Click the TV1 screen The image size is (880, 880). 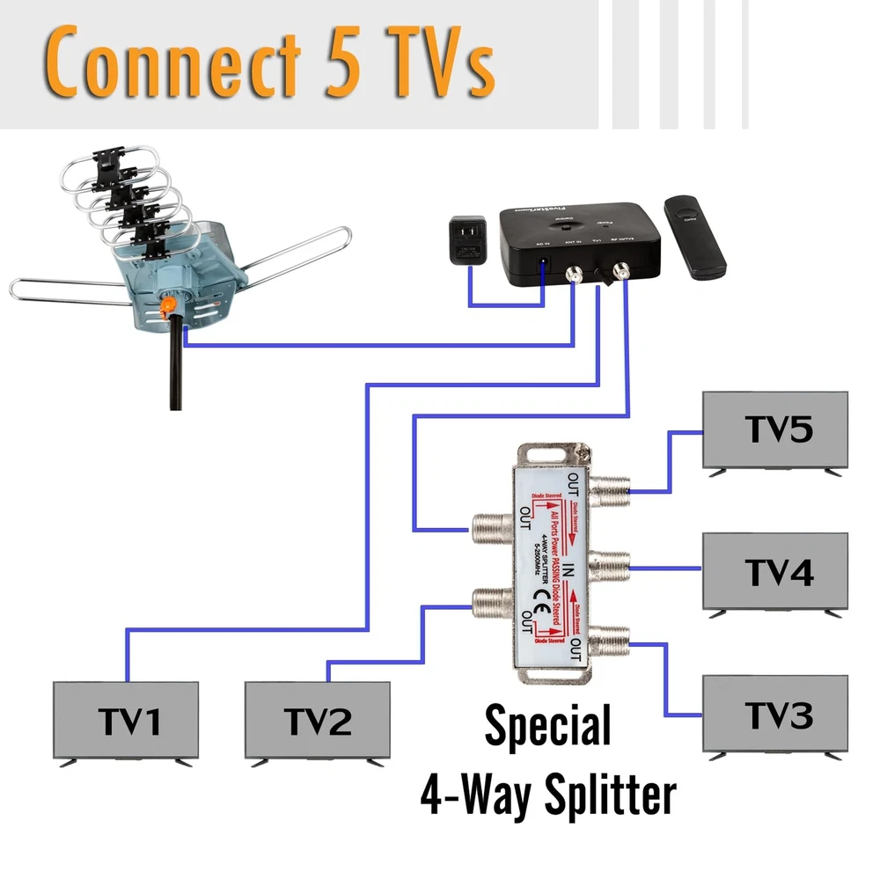[x=126, y=719]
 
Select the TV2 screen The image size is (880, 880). [x=317, y=719]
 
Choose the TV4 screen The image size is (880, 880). [x=775, y=570]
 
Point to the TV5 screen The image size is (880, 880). [x=775, y=429]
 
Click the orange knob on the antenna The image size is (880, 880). [x=165, y=304]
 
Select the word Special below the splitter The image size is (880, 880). [x=547, y=727]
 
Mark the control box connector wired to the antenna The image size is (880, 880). [x=575, y=273]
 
